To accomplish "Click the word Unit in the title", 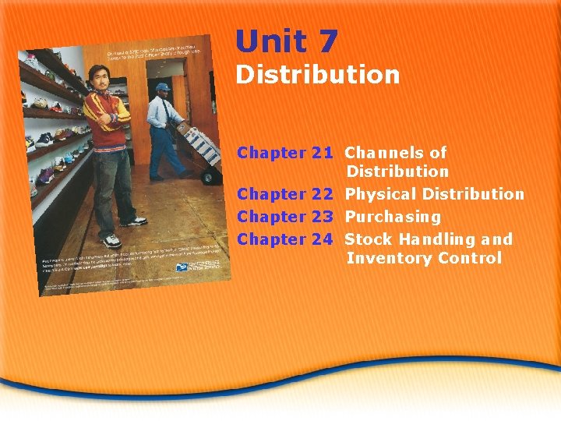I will [x=273, y=41].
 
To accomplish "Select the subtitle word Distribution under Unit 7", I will [x=318, y=76].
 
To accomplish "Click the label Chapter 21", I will [x=285, y=153].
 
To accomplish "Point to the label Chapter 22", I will [x=285, y=194].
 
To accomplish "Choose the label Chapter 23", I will [x=285, y=217].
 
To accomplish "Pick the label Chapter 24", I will [x=285, y=239].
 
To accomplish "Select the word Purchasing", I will [x=393, y=217].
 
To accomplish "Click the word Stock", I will [x=366, y=239].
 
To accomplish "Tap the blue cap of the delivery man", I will [x=161, y=87].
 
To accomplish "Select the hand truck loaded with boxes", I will [x=198, y=152].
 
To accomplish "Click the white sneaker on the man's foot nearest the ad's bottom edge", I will [x=111, y=241].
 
